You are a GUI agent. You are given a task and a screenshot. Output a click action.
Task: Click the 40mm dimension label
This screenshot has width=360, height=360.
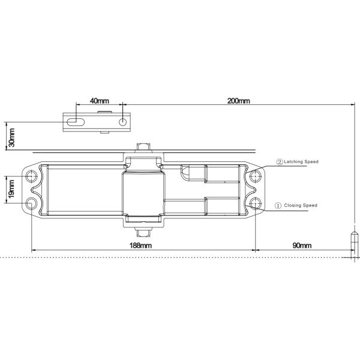(x=100, y=101)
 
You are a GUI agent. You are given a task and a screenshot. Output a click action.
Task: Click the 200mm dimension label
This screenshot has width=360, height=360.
(x=239, y=101)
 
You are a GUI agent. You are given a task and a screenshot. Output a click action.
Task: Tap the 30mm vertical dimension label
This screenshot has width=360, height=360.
(x=11, y=137)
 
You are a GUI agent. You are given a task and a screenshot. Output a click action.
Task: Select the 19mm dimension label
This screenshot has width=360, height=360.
(x=11, y=189)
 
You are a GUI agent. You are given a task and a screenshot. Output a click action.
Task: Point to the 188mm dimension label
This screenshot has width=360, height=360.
(x=140, y=245)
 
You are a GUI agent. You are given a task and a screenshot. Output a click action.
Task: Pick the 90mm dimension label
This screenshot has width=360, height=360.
(x=302, y=245)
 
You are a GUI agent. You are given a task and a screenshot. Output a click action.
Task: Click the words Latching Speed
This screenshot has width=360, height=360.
(x=301, y=161)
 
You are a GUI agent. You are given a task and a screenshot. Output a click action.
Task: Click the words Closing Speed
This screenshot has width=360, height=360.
(x=301, y=205)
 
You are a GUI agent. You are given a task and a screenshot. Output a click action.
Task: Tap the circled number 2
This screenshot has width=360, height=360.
(x=280, y=162)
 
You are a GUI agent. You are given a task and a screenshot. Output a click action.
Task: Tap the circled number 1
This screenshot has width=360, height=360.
(x=278, y=205)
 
